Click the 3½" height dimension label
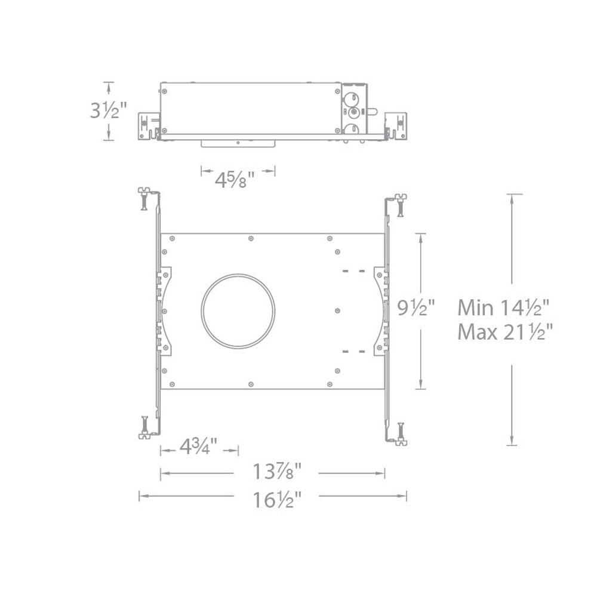[x=107, y=111]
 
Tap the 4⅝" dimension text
[x=235, y=179]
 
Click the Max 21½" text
[x=504, y=332]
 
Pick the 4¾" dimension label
[x=198, y=446]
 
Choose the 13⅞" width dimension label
[x=277, y=472]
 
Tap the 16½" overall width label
[x=277, y=499]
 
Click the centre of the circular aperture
[x=238, y=311]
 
